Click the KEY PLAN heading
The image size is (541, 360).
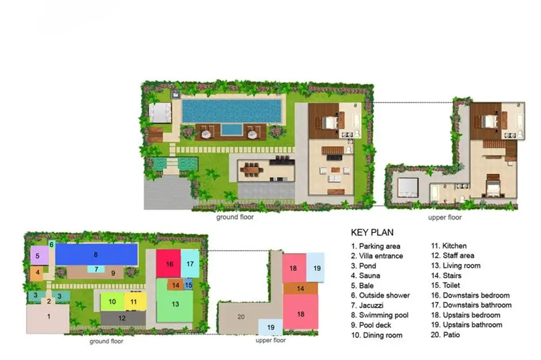tap(372, 232)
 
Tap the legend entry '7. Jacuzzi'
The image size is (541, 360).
tap(367, 305)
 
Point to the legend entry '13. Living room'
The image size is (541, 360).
tap(456, 265)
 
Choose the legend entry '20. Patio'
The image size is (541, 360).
tap(445, 335)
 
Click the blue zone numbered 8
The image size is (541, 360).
tap(97, 255)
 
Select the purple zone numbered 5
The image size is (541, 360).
tap(39, 256)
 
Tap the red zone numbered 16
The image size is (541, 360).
tap(168, 264)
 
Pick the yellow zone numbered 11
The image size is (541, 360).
tap(135, 302)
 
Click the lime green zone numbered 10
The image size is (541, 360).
tap(113, 302)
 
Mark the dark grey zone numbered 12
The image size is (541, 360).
tap(123, 318)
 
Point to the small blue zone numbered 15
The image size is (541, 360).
tap(188, 285)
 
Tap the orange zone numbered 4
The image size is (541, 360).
tap(36, 273)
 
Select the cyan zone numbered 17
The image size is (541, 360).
tap(190, 264)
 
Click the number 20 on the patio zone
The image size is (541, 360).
tap(241, 317)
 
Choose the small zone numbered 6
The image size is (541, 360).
tap(52, 244)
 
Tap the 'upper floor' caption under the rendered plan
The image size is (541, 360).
tap(445, 218)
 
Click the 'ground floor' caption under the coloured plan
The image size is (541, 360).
tap(106, 341)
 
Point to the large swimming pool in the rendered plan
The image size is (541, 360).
tap(232, 111)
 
